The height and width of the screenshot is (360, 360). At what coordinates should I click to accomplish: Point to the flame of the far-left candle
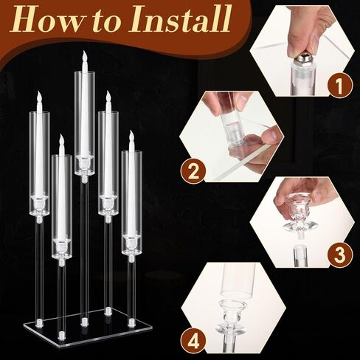(x=39, y=97)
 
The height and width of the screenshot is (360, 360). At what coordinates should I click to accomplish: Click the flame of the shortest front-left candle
(x=62, y=140)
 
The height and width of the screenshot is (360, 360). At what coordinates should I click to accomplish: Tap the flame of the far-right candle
(x=131, y=136)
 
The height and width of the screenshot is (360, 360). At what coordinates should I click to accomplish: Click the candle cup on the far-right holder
(x=131, y=243)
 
